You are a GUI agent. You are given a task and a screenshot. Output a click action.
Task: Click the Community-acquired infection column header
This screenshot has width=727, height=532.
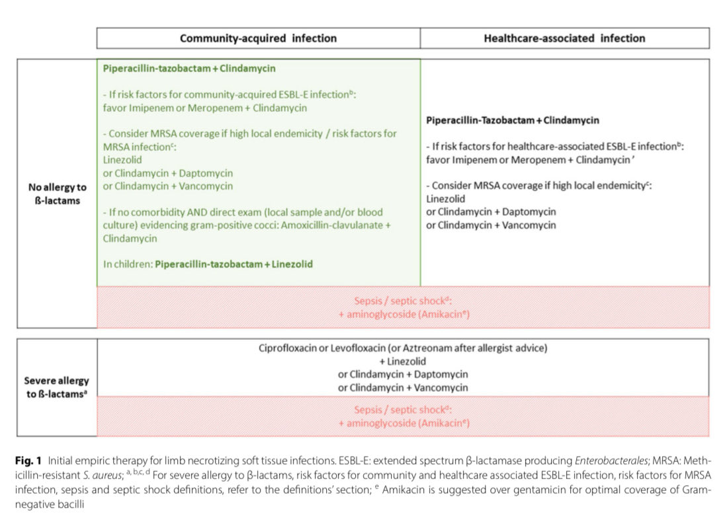tap(258, 38)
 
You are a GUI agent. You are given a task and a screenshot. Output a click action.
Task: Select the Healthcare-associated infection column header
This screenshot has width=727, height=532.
tap(564, 38)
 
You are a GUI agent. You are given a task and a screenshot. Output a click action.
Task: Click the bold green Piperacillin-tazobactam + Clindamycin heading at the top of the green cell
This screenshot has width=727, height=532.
tap(189, 68)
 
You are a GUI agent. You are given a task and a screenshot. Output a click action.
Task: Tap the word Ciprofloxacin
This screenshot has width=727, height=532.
tap(288, 348)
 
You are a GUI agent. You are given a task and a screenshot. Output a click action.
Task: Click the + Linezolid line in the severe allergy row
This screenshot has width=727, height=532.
tap(403, 361)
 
